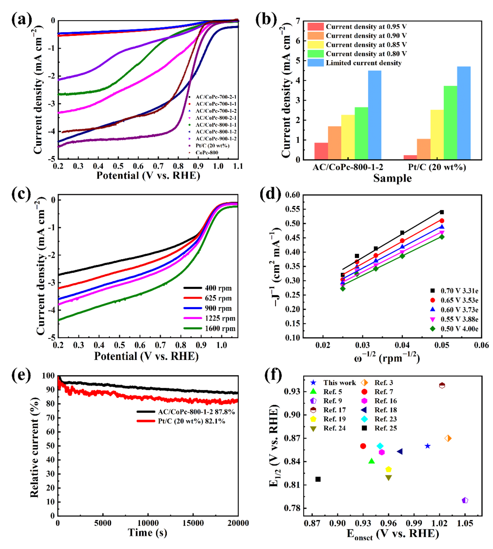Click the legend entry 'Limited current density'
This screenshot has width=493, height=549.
point(363,63)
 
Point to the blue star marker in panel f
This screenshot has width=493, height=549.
point(427,446)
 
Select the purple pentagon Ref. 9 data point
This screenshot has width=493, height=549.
point(465,501)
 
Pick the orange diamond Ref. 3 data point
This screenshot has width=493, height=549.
point(448,438)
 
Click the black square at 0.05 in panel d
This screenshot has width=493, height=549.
point(442,212)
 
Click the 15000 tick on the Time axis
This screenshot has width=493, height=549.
point(193,523)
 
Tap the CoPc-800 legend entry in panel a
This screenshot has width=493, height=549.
point(207,153)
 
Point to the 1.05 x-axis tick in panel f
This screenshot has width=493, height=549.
point(465,523)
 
